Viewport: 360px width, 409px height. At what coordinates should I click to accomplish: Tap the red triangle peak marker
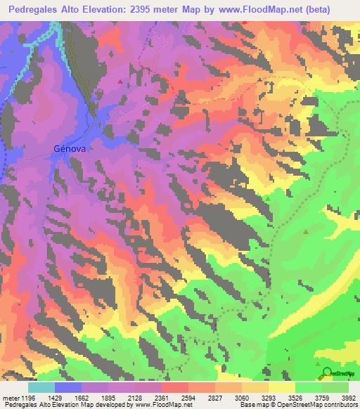120,82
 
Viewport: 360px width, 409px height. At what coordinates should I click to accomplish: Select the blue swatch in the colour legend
68,387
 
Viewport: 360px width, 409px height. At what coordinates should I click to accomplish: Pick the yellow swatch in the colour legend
282,387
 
